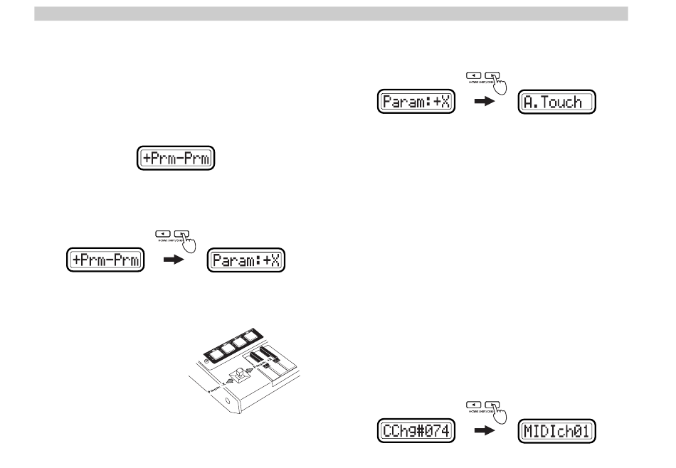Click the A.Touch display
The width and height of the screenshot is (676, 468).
click(556, 102)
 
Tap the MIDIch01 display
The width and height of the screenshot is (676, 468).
click(556, 432)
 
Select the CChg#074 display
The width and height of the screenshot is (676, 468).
click(415, 432)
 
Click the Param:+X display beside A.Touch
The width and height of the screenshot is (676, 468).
click(415, 102)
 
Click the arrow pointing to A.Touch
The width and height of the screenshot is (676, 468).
click(485, 102)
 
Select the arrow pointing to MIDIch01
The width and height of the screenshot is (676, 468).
click(485, 432)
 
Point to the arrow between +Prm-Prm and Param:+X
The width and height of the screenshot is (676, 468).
click(174, 261)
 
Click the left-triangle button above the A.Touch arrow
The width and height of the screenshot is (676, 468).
click(473, 73)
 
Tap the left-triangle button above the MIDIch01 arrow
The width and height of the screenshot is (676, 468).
click(473, 403)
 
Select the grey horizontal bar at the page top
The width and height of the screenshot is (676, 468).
click(331, 14)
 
